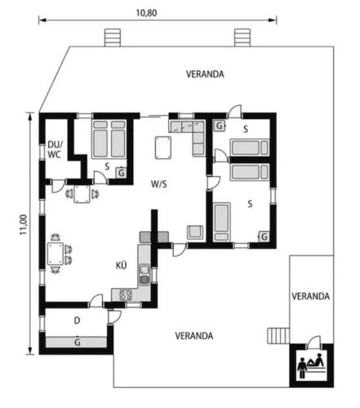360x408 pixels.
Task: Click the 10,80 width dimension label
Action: coord(146,13)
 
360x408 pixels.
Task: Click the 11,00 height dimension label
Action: coord(24,224)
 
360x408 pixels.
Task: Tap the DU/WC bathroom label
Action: coord(56,149)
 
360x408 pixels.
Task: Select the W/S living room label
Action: coord(159,184)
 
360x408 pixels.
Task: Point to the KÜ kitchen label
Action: coord(122,265)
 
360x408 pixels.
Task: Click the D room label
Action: coord(77,321)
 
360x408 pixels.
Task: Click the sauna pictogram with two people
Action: coord(312,366)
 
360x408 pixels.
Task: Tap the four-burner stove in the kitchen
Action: coord(126,295)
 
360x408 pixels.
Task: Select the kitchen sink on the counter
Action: coord(144,275)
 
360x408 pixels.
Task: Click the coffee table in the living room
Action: coord(163,148)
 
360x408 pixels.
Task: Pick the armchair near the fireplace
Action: coord(195,233)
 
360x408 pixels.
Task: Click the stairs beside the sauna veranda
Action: coord(278,335)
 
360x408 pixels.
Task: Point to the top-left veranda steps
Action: coord(113,38)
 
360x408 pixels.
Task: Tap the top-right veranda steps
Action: coord(242,38)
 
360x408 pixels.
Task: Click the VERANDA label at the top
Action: coord(205,74)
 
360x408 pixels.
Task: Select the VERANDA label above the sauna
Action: coord(311,296)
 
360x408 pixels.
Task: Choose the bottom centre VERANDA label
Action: coord(194,336)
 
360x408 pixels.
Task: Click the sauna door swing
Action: coord(313,343)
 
